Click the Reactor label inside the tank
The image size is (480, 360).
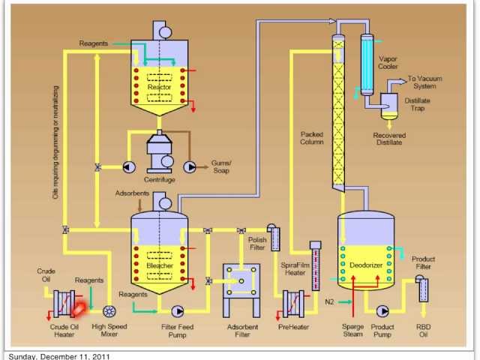pos(159,87)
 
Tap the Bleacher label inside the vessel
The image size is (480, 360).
pos(160,265)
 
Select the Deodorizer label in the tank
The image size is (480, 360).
pos(365,265)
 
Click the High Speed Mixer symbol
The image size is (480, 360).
pos(109,311)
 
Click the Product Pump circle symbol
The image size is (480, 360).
pos(382,310)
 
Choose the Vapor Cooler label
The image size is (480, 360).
pos(388,62)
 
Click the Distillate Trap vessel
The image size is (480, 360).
pos(388,104)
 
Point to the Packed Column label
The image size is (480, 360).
pos(311,138)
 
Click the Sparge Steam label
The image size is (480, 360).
pos(352,331)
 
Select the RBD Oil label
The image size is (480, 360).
pos(423,331)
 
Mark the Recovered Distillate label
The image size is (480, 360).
pos(388,139)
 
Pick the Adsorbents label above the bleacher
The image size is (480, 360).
pos(133,193)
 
